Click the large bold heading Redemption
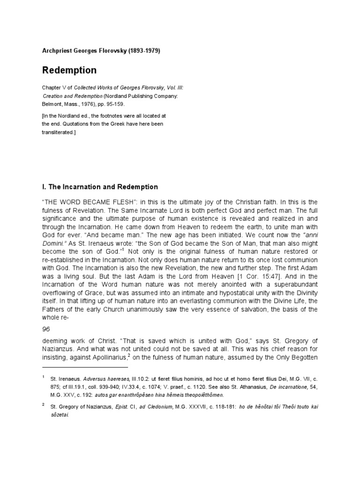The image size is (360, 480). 69,71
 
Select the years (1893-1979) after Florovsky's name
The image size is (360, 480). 143,51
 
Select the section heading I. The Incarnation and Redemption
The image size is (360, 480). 100,187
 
